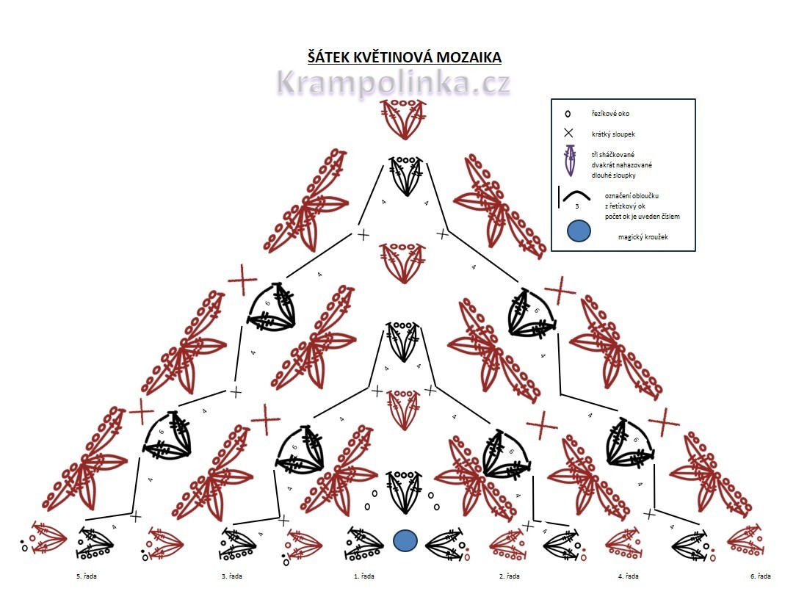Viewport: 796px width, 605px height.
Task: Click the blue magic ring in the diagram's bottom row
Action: click(x=405, y=541)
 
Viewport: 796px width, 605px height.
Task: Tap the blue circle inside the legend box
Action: click(x=579, y=232)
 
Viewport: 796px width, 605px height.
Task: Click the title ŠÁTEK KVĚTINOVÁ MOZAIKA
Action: click(x=405, y=57)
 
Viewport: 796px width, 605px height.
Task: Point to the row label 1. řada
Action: click(x=364, y=576)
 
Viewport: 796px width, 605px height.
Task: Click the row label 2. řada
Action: click(x=510, y=576)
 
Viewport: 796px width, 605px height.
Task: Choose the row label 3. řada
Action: click(x=234, y=576)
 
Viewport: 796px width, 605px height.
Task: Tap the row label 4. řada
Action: click(x=628, y=576)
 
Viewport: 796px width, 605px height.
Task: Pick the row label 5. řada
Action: click(x=86, y=576)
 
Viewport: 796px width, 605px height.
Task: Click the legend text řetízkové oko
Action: click(x=609, y=114)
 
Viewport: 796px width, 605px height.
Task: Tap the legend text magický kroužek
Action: click(x=641, y=236)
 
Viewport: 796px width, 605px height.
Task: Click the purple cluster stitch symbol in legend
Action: click(x=568, y=161)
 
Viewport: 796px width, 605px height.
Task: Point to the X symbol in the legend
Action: click(x=568, y=134)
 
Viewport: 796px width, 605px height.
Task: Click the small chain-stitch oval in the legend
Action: click(x=567, y=115)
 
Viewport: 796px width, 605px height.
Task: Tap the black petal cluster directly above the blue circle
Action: click(x=402, y=490)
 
